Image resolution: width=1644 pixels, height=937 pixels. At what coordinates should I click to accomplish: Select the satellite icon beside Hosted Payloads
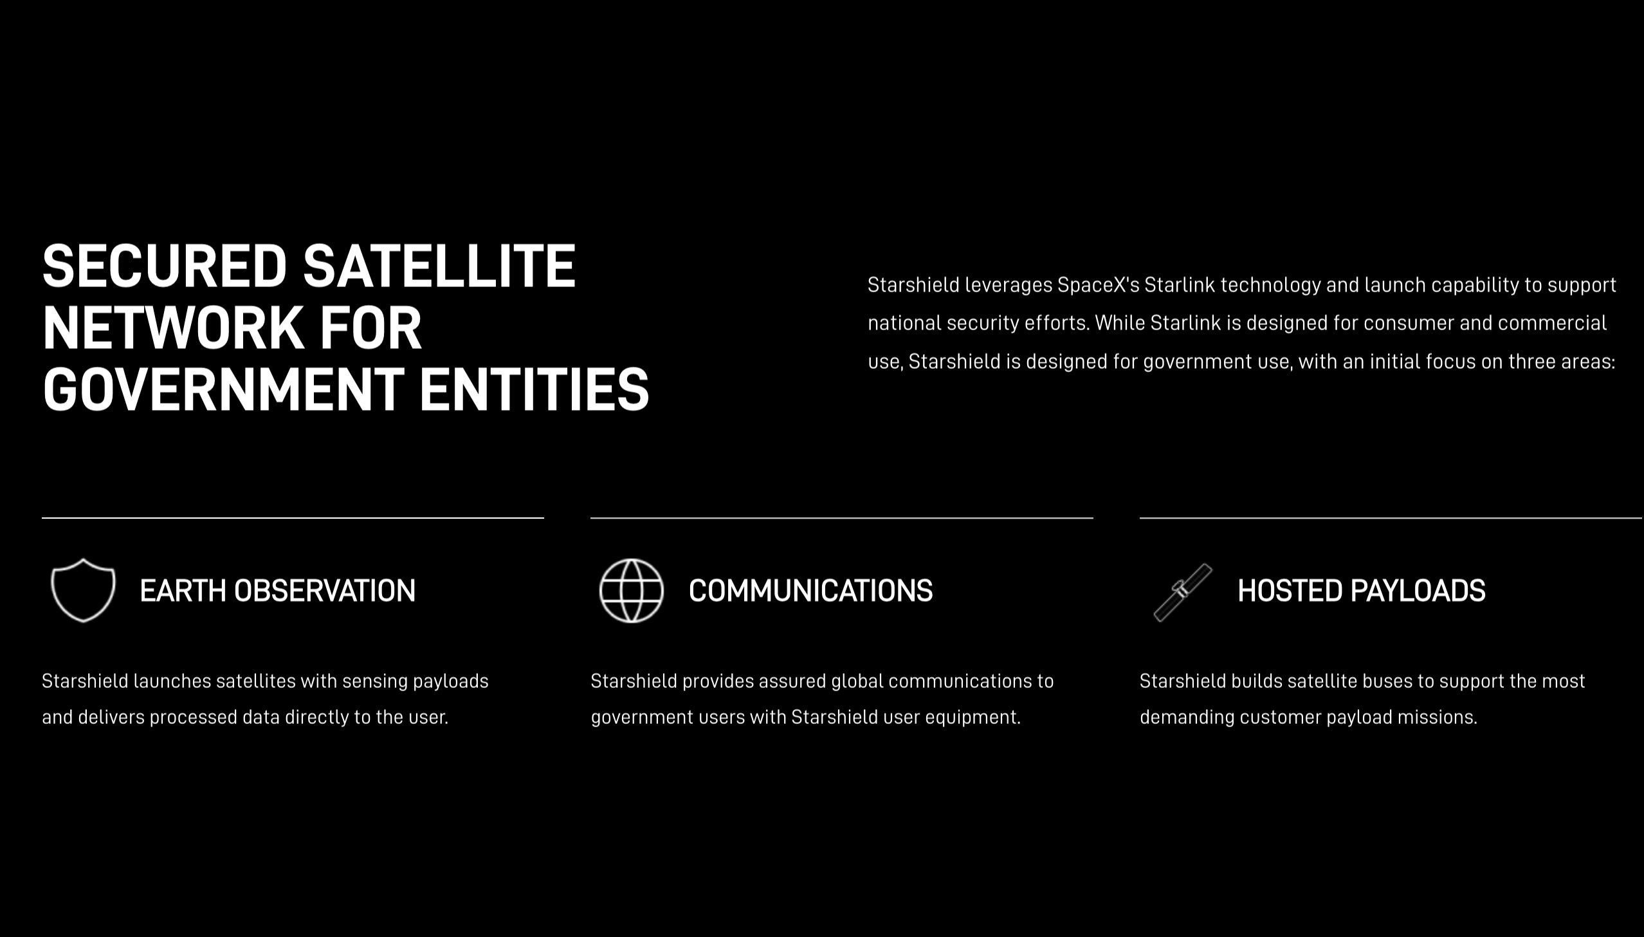pos(1183,592)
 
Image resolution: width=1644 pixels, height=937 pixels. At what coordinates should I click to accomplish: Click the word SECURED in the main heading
pos(164,266)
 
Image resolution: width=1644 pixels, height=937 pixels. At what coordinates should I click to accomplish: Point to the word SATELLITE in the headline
pos(439,266)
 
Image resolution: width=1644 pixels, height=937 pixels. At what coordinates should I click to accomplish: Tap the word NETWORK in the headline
pos(172,328)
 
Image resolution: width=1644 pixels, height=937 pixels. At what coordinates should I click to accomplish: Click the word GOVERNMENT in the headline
pos(223,389)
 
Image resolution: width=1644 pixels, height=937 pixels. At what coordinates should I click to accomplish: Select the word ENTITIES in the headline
pos(534,389)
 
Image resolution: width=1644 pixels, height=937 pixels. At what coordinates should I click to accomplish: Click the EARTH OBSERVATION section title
pos(278,591)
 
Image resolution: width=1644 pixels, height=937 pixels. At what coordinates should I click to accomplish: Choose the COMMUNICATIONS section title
pos(810,591)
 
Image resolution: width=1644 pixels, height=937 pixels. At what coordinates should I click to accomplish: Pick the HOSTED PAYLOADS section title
pos(1362,591)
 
